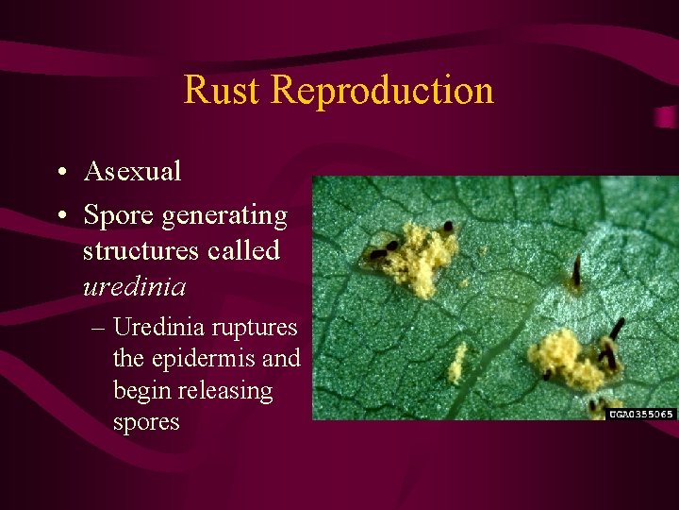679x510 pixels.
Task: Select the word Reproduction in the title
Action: (x=381, y=90)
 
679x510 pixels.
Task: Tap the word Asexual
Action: (x=132, y=171)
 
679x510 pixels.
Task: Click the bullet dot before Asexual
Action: (x=59, y=172)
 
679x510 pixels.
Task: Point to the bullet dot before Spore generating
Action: (x=59, y=216)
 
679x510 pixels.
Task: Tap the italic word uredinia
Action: (x=133, y=285)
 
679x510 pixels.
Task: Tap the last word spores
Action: (x=145, y=422)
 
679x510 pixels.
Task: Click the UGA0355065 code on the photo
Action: (x=641, y=414)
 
